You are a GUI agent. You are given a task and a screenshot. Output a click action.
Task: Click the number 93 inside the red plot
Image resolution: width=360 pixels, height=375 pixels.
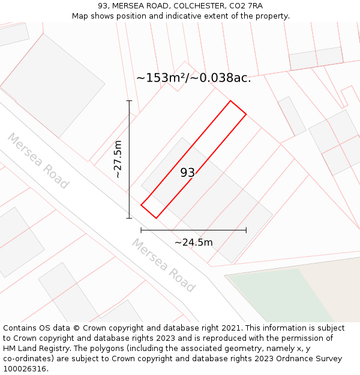[188, 173]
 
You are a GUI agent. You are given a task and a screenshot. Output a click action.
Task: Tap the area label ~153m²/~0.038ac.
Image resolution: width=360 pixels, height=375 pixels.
[193, 78]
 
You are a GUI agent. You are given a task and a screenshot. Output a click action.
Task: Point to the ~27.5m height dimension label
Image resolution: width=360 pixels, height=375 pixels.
[118, 159]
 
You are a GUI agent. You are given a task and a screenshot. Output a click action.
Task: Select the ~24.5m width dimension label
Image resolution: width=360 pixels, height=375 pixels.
[193, 242]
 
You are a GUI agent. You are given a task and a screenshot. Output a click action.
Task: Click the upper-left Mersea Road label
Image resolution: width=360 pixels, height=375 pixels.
[38, 161]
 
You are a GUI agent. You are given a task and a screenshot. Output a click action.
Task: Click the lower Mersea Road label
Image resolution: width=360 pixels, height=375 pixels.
[163, 265]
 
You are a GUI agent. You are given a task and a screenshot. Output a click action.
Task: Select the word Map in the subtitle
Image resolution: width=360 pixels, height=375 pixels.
[80, 16]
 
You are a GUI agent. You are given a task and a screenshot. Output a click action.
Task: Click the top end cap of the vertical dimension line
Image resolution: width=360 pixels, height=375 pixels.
[129, 101]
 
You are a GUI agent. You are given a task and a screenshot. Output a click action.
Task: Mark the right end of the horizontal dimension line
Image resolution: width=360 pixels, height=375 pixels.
[246, 230]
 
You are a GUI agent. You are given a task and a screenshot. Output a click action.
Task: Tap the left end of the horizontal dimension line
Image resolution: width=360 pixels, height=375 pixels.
[141, 230]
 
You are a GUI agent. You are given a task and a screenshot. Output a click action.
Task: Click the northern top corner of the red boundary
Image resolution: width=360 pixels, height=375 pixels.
[230, 100]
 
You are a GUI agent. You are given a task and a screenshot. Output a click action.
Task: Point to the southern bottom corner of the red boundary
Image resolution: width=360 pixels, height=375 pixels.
[156, 218]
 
